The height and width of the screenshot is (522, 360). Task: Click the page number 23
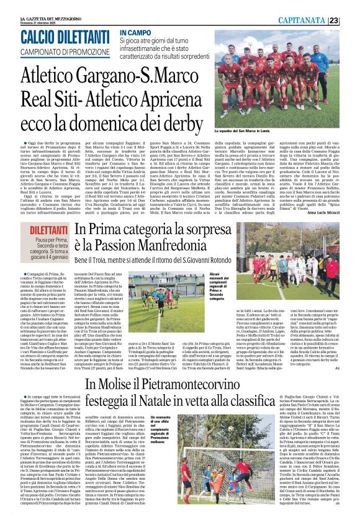coord(351,20)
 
